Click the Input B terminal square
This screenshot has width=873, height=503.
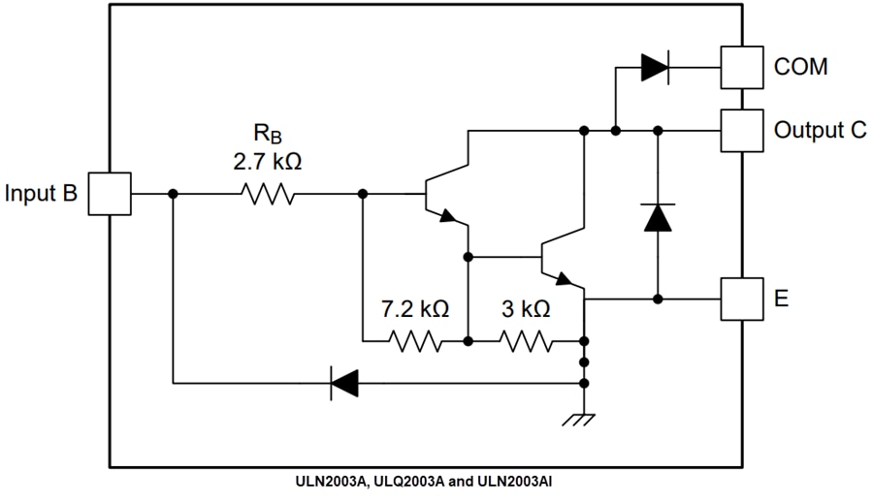coord(112,194)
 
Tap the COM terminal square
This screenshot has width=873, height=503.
coord(740,67)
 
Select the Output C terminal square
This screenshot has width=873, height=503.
coord(740,130)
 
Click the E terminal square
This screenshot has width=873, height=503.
coord(740,299)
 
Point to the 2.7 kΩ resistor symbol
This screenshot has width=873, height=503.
coord(269,194)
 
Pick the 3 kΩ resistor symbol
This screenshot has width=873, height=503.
coord(527,341)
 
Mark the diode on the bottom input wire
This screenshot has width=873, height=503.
coord(344,384)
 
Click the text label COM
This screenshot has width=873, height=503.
coord(801,67)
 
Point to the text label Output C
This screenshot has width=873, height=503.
coord(820,130)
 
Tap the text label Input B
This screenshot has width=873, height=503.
coord(41,193)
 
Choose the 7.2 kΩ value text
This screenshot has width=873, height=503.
coord(414,309)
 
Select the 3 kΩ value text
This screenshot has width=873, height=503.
coord(526,309)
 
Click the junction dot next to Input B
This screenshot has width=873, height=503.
coord(173,194)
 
